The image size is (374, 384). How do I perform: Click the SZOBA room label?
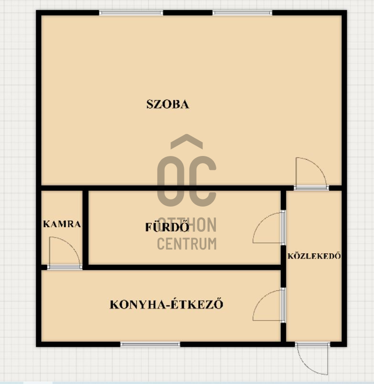pyautogui.click(x=168, y=104)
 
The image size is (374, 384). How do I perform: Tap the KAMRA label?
pyautogui.click(x=62, y=224)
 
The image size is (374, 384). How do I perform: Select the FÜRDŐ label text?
pyautogui.click(x=167, y=227)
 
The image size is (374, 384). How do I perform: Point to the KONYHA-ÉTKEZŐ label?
pyautogui.click(x=167, y=304)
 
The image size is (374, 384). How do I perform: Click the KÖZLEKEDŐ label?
pyautogui.click(x=314, y=256)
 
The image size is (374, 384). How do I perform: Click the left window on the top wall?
pyautogui.click(x=131, y=13)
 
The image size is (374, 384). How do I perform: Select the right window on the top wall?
pyautogui.click(x=242, y=13)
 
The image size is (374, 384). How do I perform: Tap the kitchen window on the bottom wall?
pyautogui.click(x=150, y=344)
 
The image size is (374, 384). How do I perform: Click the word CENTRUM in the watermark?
pyautogui.click(x=187, y=243)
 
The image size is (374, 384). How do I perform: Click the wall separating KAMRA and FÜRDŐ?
pyautogui.click(x=85, y=228)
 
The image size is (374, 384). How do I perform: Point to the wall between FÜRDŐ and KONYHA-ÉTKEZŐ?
pyautogui.click(x=184, y=267)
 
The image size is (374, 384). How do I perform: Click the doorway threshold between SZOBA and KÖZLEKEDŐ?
pyautogui.click(x=311, y=188)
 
